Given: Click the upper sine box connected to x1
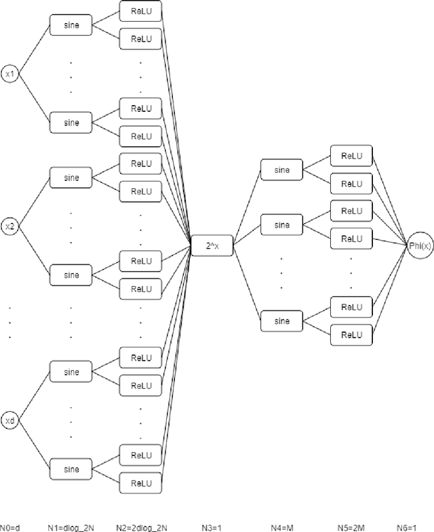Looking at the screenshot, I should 71,25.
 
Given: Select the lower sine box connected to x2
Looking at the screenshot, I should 71,275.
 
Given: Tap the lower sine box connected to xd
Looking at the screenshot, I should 71,469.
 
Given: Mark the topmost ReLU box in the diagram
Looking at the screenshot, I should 141,11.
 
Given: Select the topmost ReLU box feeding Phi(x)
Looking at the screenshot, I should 351,155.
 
